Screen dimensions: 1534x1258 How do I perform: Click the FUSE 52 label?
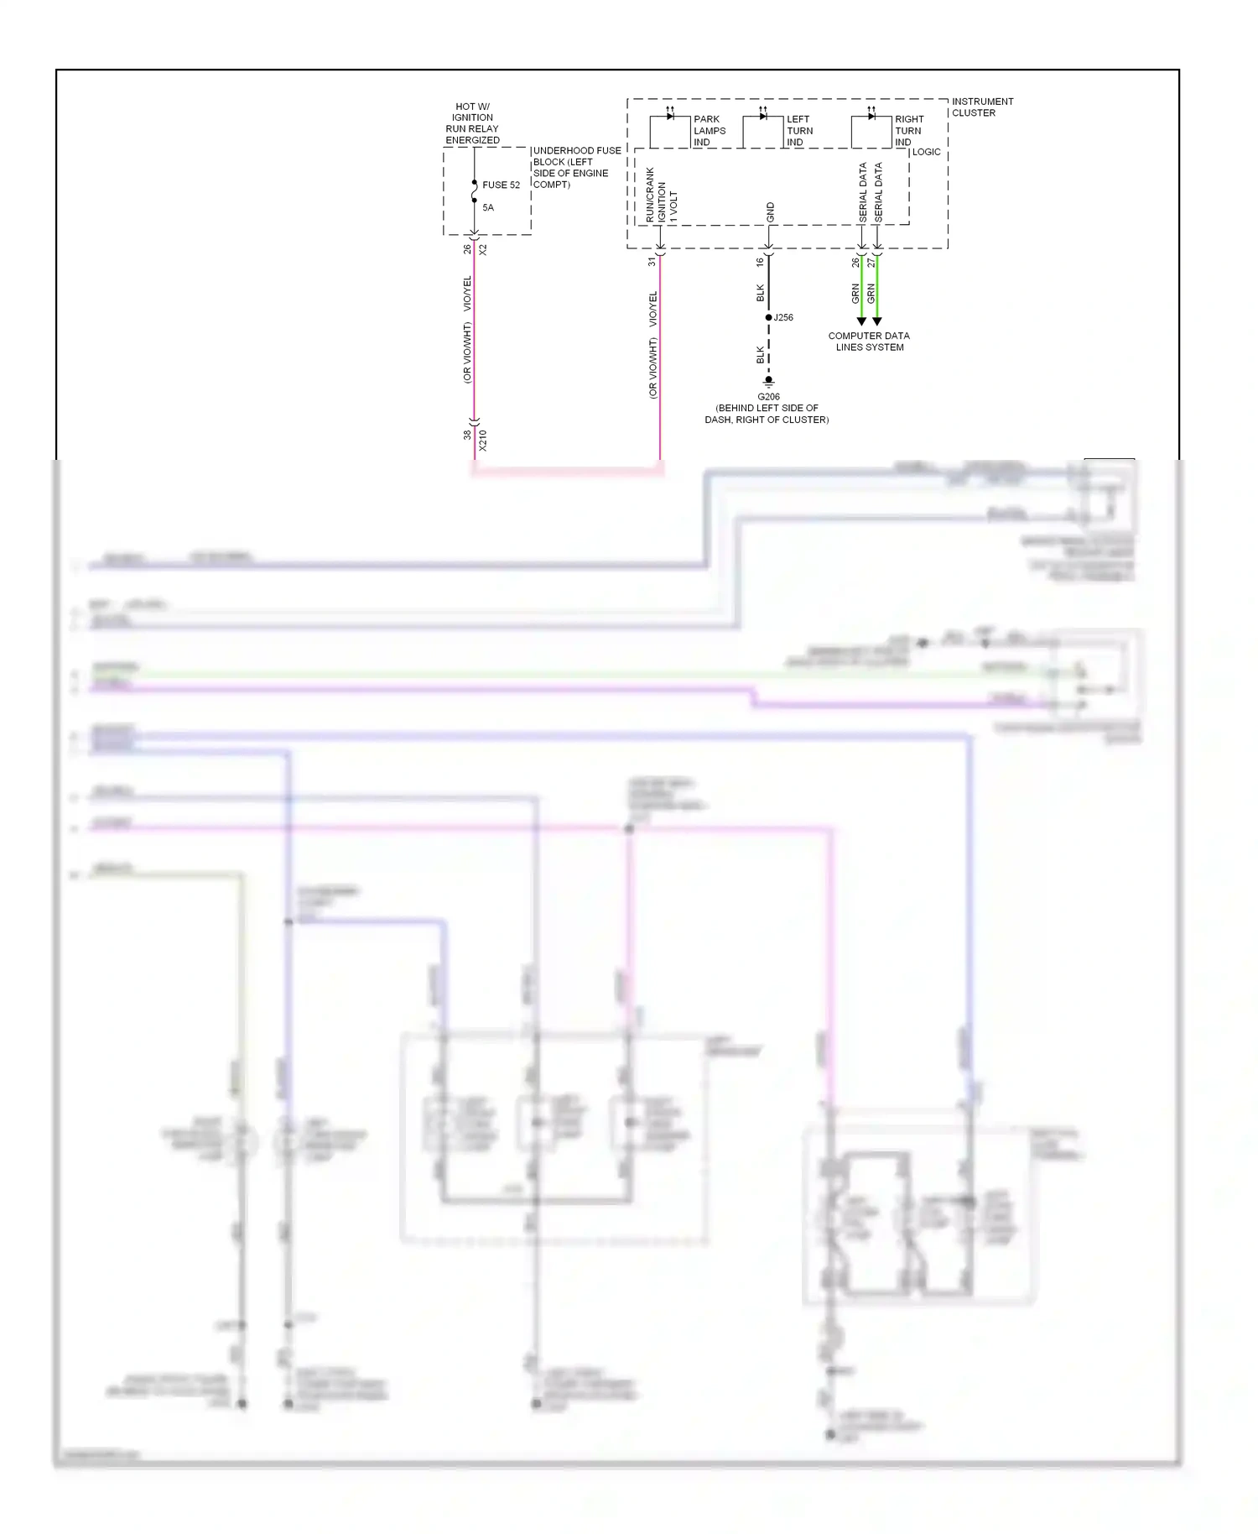click(501, 185)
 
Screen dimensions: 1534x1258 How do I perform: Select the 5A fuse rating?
click(488, 207)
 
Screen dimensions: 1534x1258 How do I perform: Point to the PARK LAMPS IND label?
click(709, 131)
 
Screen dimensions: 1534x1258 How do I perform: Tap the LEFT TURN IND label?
click(799, 131)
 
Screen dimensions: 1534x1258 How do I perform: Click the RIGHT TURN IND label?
click(908, 131)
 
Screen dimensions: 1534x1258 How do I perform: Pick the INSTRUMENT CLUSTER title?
click(981, 107)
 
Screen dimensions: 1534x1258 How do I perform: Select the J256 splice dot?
click(768, 317)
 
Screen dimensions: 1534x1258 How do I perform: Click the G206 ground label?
click(768, 397)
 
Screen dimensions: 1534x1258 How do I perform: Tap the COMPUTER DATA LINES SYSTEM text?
click(869, 342)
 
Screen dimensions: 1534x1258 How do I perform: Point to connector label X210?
click(482, 441)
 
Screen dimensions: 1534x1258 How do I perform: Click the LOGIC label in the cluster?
click(926, 152)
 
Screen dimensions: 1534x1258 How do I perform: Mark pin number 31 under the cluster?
click(652, 262)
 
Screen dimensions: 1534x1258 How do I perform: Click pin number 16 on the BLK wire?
click(760, 262)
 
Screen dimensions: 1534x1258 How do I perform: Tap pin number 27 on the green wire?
click(871, 263)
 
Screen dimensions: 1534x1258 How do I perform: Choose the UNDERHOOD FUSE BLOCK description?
click(576, 168)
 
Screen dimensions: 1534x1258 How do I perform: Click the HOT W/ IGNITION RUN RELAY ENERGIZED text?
click(472, 123)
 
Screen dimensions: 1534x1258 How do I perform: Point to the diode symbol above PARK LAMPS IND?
click(670, 115)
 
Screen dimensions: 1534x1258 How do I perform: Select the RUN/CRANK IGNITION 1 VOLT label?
click(661, 196)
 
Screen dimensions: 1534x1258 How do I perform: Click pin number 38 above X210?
click(467, 435)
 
